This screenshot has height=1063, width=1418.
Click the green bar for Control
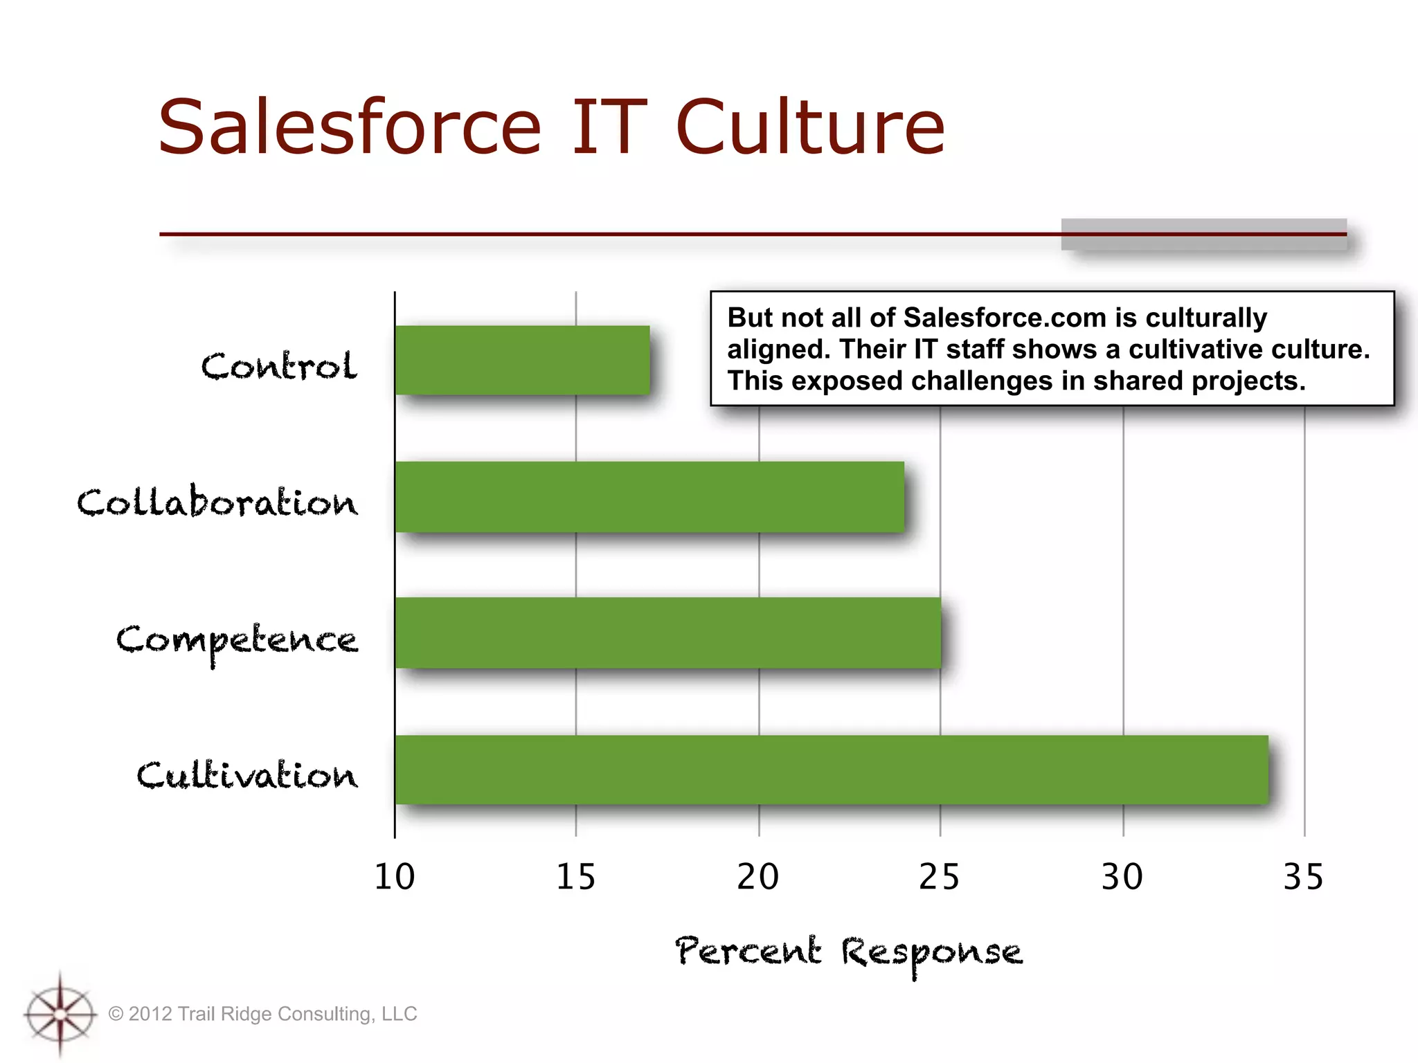(x=522, y=361)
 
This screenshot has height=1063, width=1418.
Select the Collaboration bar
(x=649, y=497)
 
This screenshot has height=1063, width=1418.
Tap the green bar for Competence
(x=667, y=633)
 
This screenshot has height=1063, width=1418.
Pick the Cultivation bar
(x=831, y=770)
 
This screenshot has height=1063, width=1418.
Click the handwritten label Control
(x=279, y=365)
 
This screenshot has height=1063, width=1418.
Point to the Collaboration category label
(x=217, y=502)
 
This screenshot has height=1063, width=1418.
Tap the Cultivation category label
(x=247, y=775)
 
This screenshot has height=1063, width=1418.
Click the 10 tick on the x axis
(x=394, y=878)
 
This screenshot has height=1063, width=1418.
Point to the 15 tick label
(x=575, y=878)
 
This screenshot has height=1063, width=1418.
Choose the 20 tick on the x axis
(x=757, y=878)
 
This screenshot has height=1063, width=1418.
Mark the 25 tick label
(x=940, y=878)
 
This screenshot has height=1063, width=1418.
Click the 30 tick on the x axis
(x=1122, y=878)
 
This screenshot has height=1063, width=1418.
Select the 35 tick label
(x=1303, y=878)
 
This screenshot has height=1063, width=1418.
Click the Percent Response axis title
(x=848, y=953)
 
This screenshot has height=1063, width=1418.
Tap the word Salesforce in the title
(x=350, y=127)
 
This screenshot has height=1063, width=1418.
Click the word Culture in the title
(x=809, y=127)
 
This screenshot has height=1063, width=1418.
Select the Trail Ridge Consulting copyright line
(x=263, y=1014)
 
